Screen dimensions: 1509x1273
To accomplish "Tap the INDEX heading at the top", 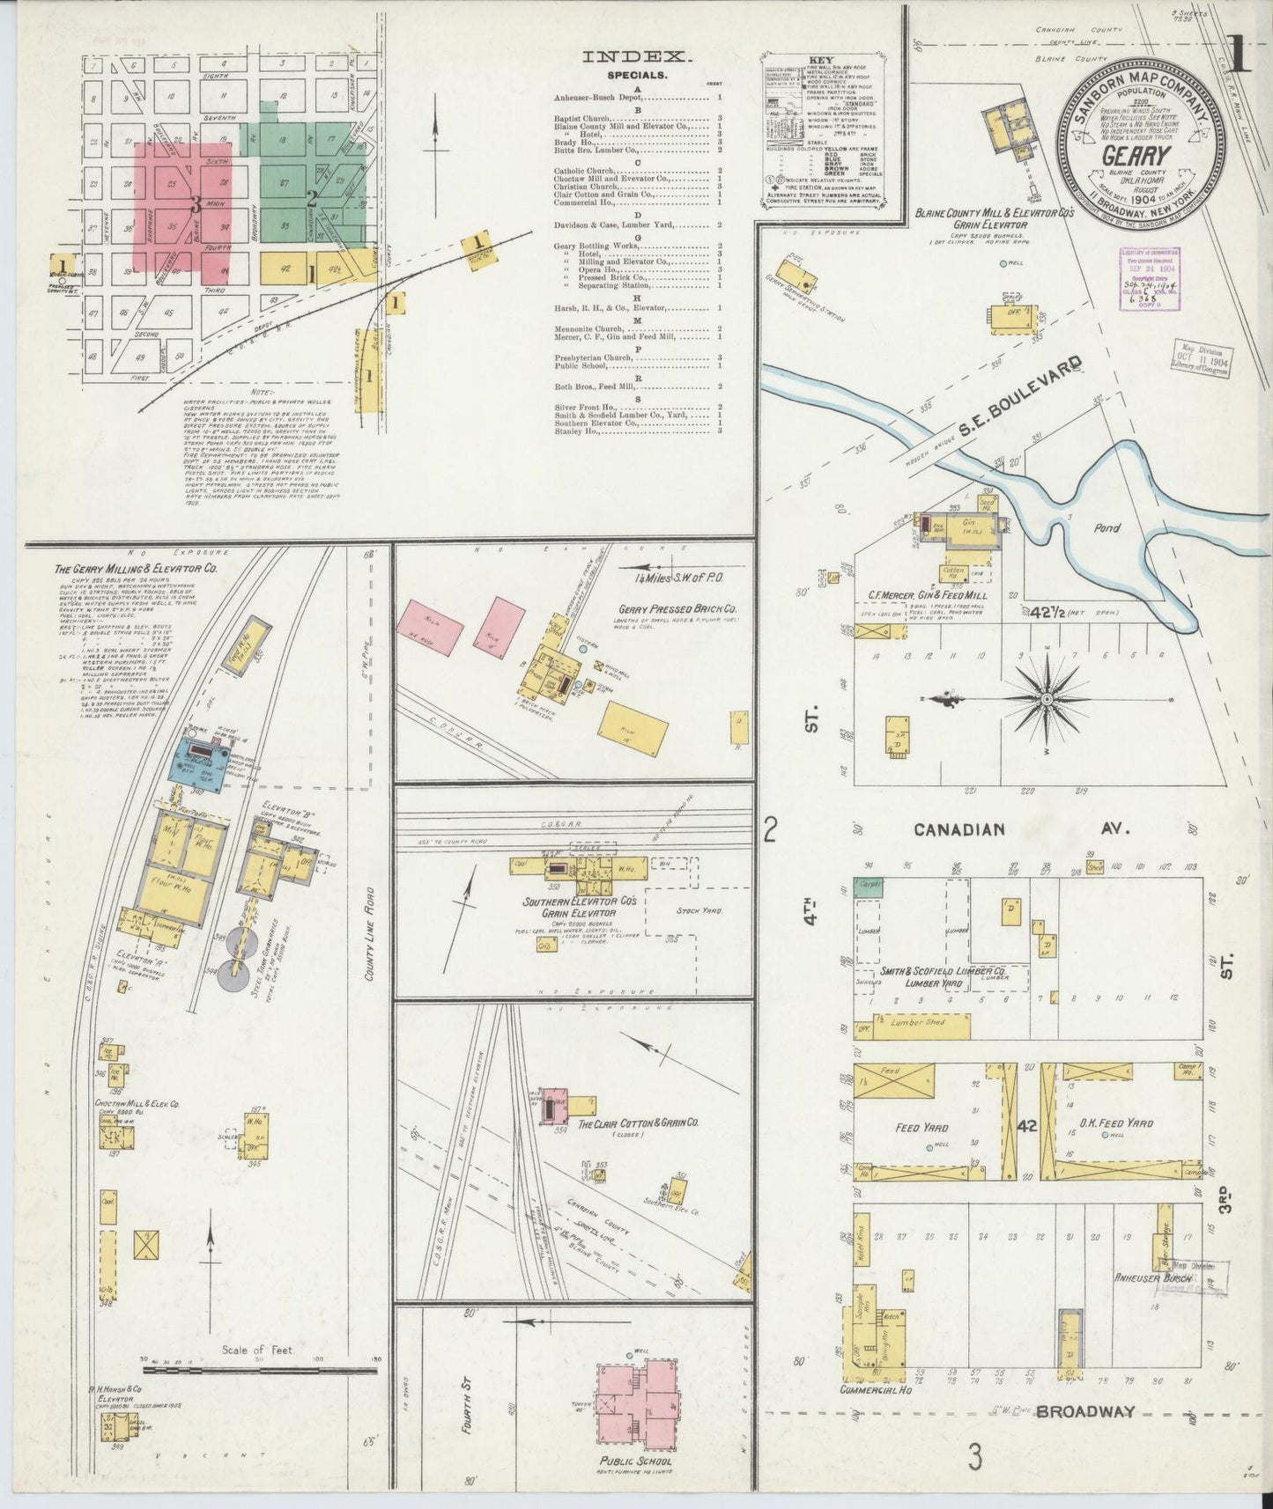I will [x=634, y=57].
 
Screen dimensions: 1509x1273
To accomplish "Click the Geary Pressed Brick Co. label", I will [x=677, y=608].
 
